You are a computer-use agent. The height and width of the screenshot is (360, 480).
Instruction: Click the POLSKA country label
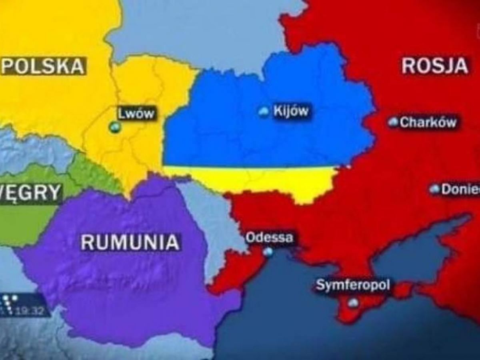(x=43, y=66)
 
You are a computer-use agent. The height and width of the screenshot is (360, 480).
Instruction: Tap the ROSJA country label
(x=435, y=66)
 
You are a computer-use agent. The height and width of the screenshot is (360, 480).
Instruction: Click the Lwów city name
(x=136, y=113)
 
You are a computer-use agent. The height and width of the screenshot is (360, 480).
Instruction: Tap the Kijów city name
(x=291, y=111)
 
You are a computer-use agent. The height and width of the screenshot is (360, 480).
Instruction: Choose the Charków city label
(x=428, y=122)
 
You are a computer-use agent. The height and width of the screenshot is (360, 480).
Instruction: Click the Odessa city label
(x=269, y=238)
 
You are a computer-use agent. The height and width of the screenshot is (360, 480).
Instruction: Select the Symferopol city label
(x=352, y=286)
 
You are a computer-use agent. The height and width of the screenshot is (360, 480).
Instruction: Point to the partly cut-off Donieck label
(x=460, y=189)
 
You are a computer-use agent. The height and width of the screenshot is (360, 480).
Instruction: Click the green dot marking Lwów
(x=115, y=127)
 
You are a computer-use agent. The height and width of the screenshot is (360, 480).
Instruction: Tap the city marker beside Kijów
(x=264, y=112)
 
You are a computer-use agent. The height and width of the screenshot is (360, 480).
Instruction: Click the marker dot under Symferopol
(x=353, y=303)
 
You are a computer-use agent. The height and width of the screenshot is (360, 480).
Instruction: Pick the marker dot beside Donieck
(x=434, y=189)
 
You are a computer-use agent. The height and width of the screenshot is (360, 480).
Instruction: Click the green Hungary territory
(x=28, y=220)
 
